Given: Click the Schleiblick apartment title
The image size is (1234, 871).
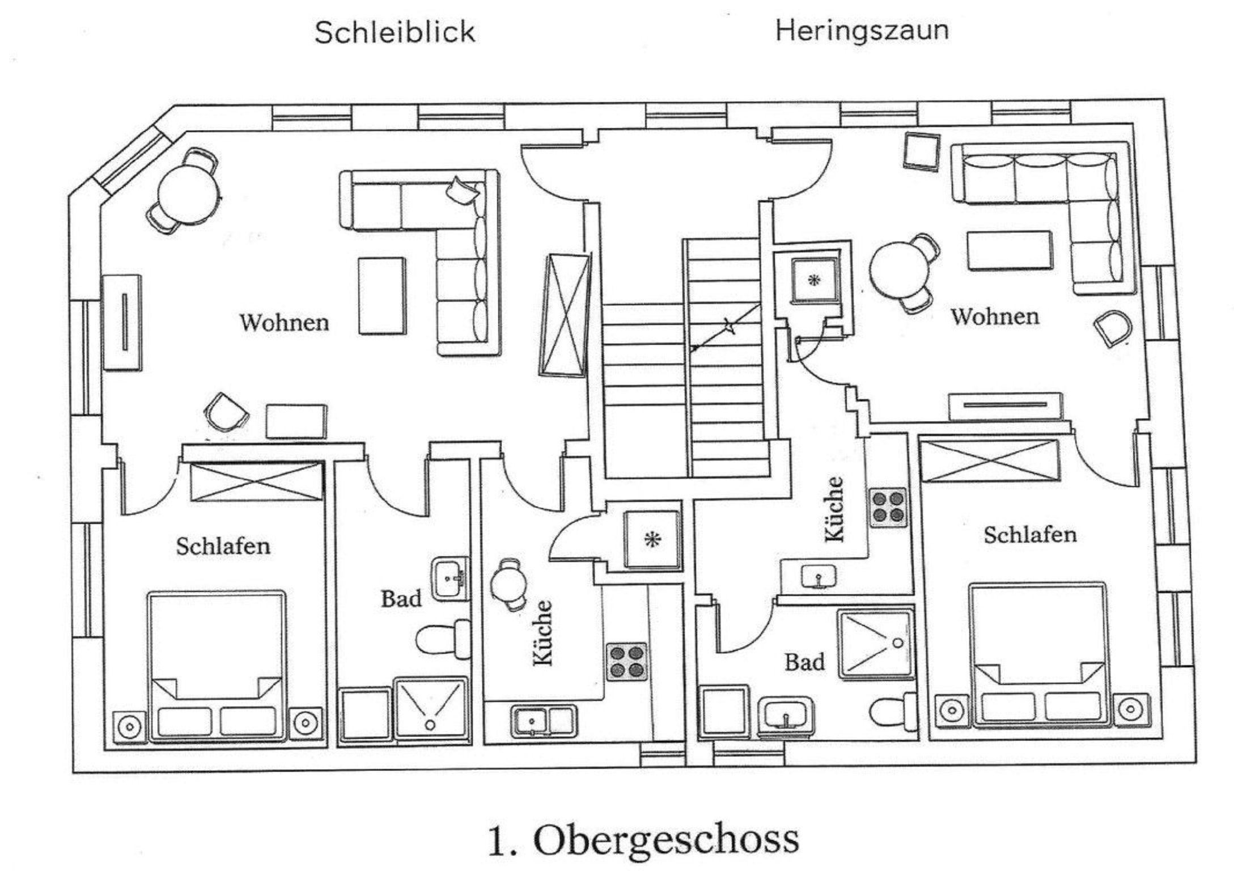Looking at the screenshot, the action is click(395, 32).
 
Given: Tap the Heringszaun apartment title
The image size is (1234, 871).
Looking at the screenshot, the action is click(862, 29).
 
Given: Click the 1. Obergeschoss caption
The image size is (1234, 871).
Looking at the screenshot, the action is click(643, 840).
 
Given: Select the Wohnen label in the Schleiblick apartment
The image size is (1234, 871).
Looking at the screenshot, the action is click(284, 322).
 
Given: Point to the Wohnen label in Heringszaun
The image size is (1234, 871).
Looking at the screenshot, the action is click(995, 316).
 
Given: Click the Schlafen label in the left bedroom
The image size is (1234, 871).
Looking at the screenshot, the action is click(223, 546).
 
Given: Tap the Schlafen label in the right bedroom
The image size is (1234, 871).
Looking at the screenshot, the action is click(1030, 535).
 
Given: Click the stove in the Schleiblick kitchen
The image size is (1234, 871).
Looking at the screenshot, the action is click(626, 662).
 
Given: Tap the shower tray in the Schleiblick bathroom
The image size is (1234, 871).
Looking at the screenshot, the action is click(431, 709).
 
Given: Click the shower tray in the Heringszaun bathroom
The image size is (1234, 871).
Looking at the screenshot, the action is click(876, 644).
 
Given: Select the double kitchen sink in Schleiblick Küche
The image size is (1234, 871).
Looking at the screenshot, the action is click(544, 721).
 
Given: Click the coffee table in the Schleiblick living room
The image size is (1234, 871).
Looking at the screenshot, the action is click(382, 295).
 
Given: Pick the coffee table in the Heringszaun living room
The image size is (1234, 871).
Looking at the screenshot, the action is click(1010, 250).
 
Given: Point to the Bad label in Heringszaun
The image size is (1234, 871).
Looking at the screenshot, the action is click(804, 662).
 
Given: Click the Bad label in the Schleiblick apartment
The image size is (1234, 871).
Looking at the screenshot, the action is click(401, 598).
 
